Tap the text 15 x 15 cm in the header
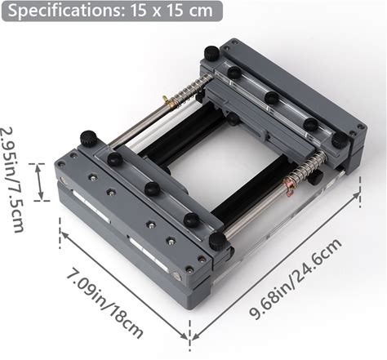(171, 11)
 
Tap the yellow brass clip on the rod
(169, 102)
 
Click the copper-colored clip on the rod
(289, 185)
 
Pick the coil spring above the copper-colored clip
(309, 167)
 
